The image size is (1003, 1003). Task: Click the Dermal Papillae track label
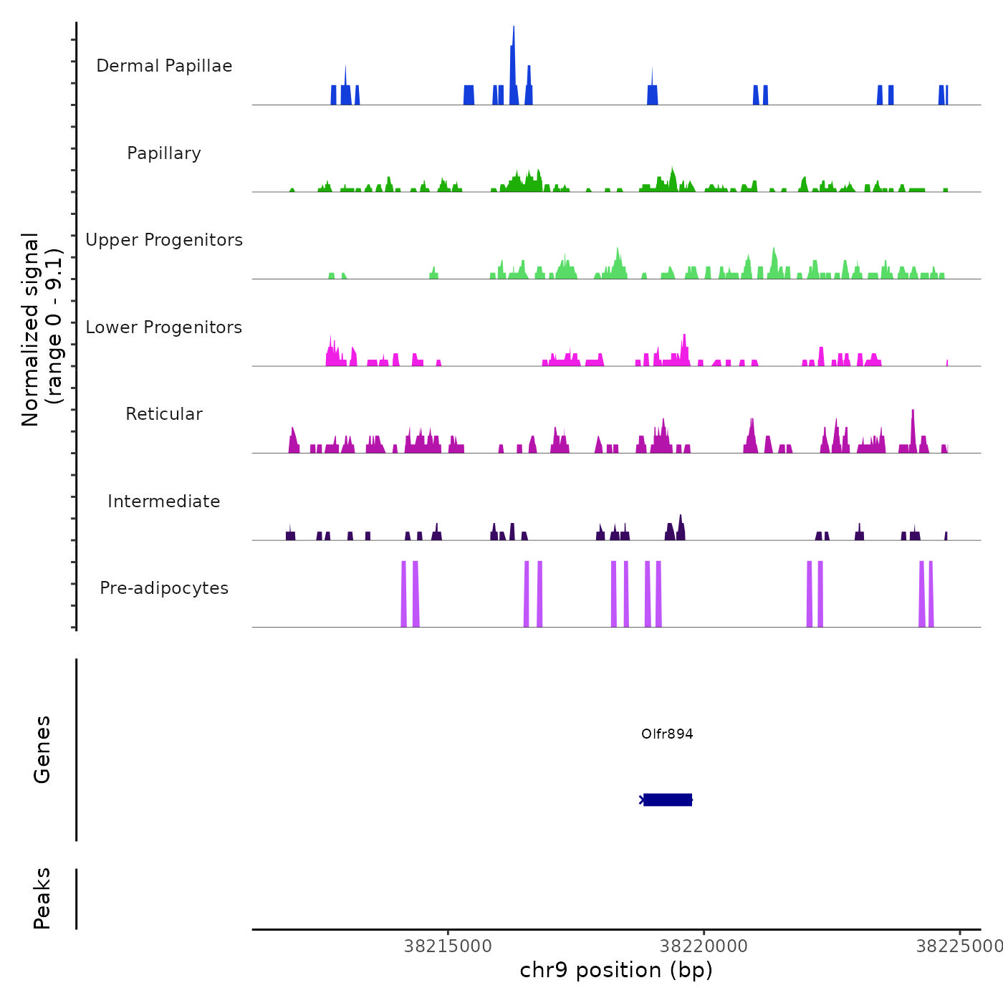[x=164, y=66]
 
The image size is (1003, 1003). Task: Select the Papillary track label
[x=164, y=153]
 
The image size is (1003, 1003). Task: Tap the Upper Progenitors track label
[x=164, y=240]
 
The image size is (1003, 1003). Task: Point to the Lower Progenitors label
[x=164, y=327]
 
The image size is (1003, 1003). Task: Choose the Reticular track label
[x=164, y=414]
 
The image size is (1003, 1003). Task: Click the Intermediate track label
[x=164, y=501]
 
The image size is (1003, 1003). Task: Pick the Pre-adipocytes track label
[x=164, y=588]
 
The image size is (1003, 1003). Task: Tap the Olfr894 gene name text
[x=667, y=734]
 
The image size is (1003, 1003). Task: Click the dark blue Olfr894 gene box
[x=668, y=800]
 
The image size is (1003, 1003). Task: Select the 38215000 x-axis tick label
[x=448, y=946]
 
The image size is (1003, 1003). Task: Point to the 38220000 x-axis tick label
[x=704, y=946]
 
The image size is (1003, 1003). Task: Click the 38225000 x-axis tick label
[x=959, y=946]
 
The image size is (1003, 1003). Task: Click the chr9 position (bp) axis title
[x=616, y=970]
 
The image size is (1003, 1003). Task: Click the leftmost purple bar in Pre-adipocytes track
[x=403, y=595]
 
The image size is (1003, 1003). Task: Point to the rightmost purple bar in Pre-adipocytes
[x=931, y=595]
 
